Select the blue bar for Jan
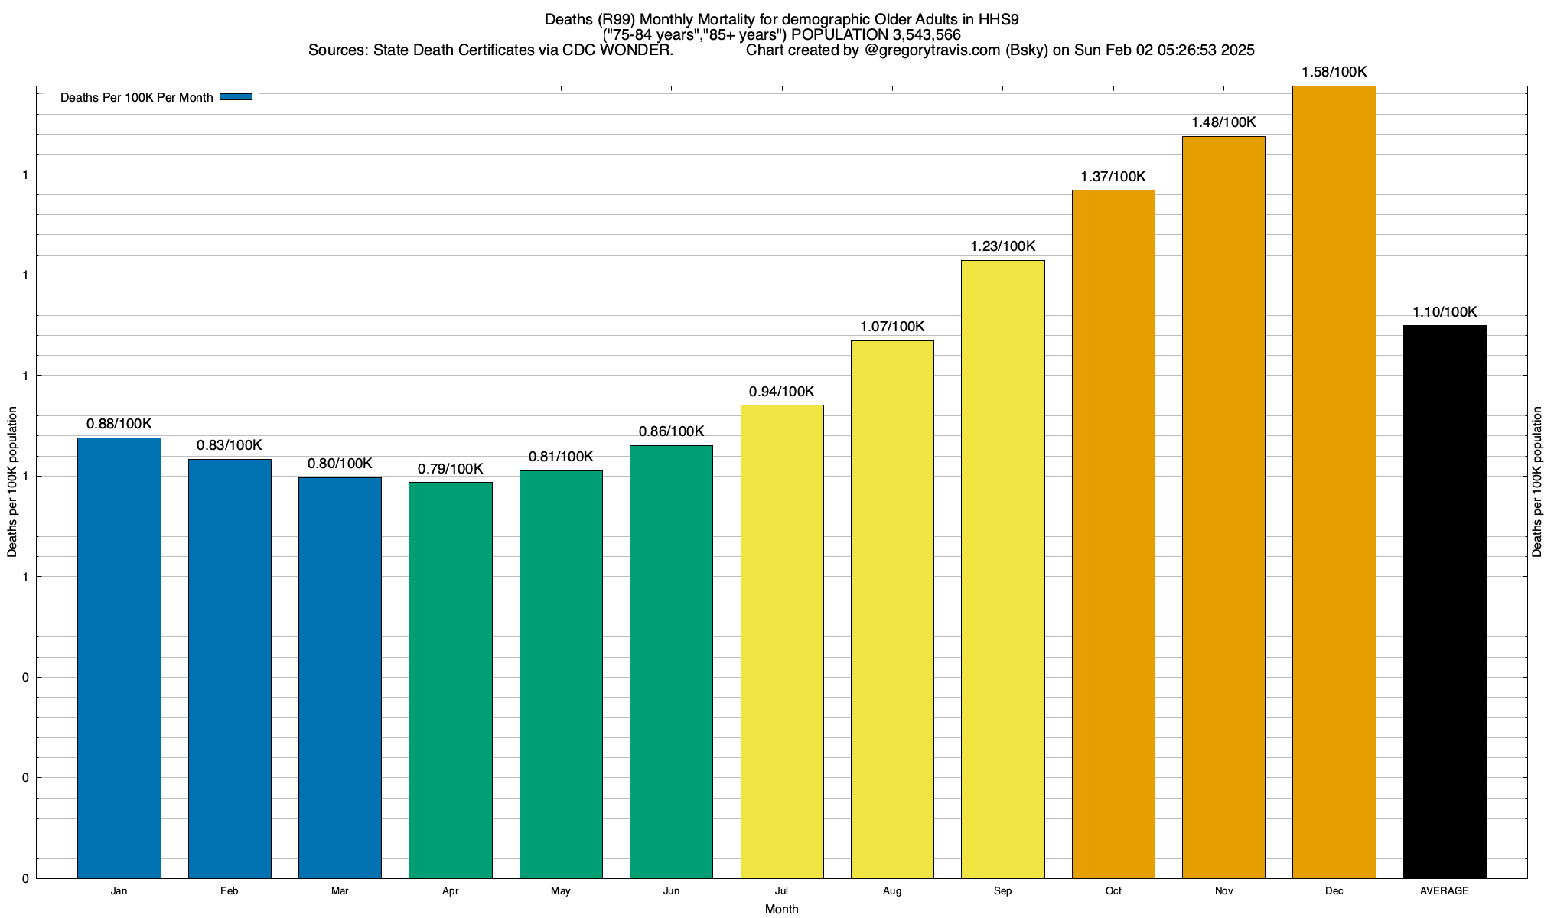point(119,658)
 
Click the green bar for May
point(561,674)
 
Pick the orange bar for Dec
point(1334,482)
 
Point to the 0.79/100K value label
point(450,469)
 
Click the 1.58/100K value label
point(1334,73)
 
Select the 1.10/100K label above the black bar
point(1445,312)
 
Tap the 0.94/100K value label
point(781,392)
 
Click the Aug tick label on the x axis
point(892,891)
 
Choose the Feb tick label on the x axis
point(229,891)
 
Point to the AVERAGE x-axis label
point(1445,891)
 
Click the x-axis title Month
point(781,910)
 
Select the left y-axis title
point(12,482)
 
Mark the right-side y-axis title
point(1537,482)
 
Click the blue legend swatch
point(236,97)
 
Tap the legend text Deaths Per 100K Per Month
point(136,98)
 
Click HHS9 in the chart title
point(999,20)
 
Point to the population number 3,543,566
point(927,35)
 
